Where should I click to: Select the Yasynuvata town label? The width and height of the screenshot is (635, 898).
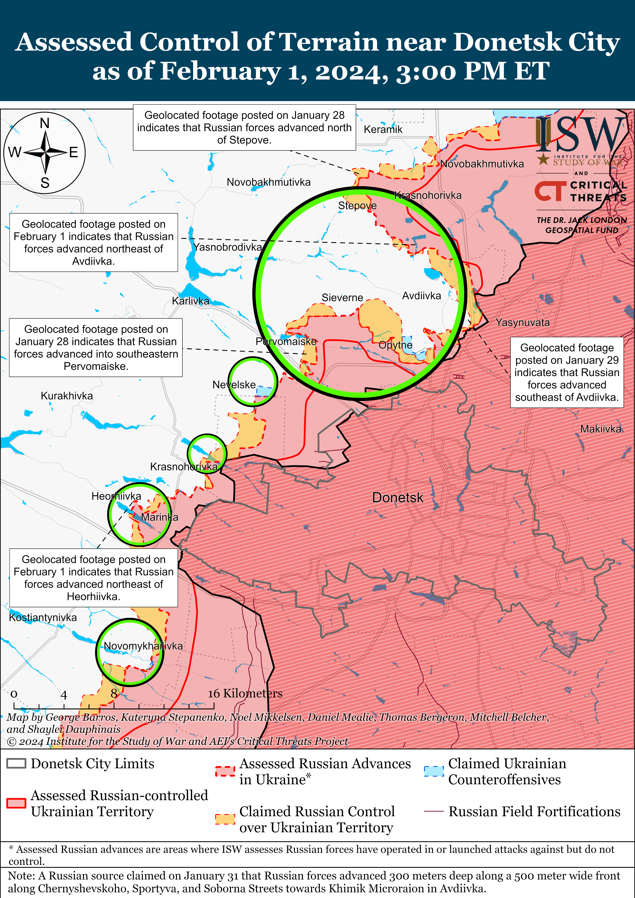pos(522,323)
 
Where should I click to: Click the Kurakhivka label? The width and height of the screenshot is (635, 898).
pos(67,396)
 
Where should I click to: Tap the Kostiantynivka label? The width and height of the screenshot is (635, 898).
pos(43,617)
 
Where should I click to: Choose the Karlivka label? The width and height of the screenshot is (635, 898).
pos(190,301)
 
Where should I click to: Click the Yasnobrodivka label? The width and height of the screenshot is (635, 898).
pos(227,247)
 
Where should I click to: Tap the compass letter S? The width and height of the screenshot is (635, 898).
pos(45,183)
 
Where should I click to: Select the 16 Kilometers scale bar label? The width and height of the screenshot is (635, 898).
pos(245,693)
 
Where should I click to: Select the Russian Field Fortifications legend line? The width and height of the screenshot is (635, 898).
pos(434,812)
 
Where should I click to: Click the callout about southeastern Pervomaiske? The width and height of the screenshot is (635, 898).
pos(96,347)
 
